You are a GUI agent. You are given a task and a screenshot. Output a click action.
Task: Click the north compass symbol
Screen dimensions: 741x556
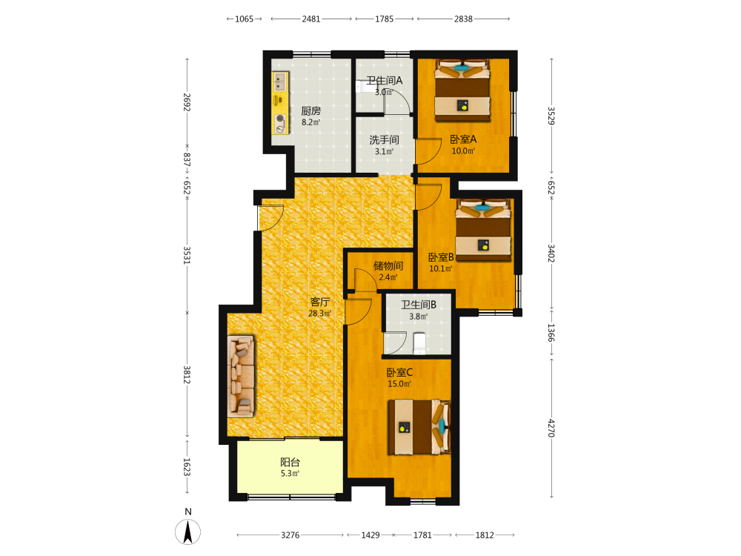[187, 531]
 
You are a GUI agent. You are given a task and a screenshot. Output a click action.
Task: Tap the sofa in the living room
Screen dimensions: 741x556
[241, 377]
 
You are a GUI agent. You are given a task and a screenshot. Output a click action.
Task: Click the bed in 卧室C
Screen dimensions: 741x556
[419, 427]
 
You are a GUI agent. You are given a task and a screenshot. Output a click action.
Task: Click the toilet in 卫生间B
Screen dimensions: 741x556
[419, 343]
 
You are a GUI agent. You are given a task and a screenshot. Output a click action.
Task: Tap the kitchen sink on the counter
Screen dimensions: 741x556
[280, 82]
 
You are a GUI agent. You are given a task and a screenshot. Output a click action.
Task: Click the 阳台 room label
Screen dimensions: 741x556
[290, 462]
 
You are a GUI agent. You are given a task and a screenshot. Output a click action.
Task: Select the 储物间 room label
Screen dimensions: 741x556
[388, 265]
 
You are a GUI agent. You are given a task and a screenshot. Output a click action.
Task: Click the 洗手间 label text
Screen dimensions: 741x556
[384, 140]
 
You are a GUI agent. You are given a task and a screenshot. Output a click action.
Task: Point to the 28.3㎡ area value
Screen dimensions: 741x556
[320, 314]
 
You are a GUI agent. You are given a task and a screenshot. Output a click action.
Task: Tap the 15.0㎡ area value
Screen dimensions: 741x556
[399, 384]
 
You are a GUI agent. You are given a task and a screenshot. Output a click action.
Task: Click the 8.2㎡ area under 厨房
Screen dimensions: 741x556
[311, 122]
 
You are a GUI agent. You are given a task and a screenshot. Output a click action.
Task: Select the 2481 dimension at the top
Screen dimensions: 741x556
[311, 19]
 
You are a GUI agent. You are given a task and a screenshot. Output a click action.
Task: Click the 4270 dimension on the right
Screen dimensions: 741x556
[551, 428]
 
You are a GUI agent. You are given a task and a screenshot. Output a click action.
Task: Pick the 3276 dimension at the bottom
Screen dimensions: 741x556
[290, 535]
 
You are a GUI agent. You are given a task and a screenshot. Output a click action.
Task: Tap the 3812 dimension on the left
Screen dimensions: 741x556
[187, 374]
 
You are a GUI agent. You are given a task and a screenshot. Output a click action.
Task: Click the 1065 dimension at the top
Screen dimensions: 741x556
[245, 19]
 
